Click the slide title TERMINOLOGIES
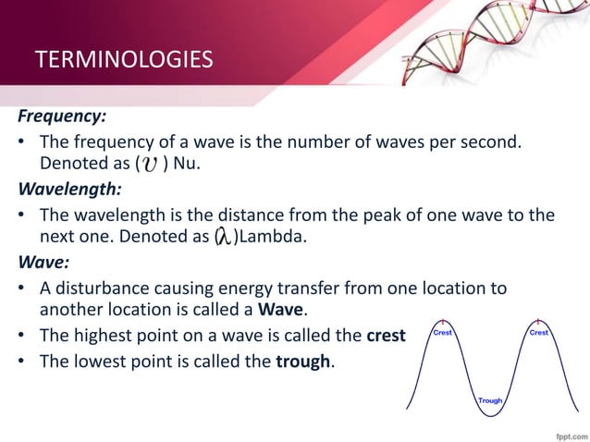coord(123,61)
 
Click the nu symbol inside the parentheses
coord(148,165)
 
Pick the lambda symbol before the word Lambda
coord(224,238)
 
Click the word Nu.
coord(185,165)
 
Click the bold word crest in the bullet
coord(386,334)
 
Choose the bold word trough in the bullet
coord(303,360)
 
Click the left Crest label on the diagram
coord(444,332)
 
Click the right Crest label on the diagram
coord(539,332)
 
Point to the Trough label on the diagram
coord(490,400)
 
